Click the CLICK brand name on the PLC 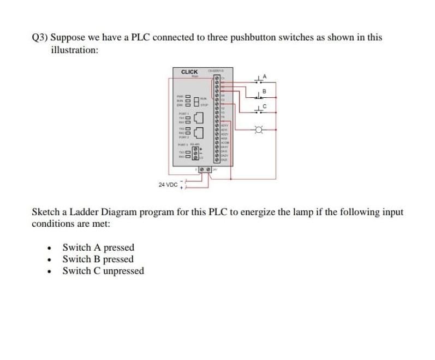pos(189,72)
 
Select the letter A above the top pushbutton pos(266,75)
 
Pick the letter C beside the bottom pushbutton pos(266,106)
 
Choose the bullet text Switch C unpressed pos(103,271)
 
